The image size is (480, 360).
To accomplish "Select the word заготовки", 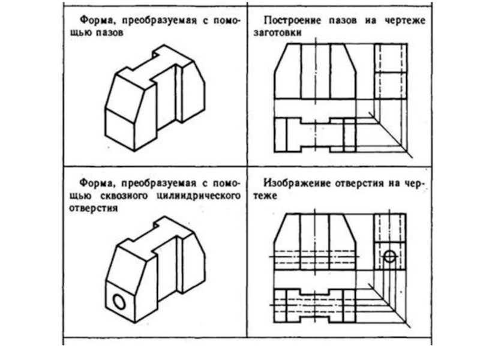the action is [x=276, y=34].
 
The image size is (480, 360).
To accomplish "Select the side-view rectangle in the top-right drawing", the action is [x=391, y=71].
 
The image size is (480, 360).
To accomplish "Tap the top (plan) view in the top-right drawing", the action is [x=314, y=134].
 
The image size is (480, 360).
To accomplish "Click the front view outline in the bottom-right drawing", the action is [x=314, y=240].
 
